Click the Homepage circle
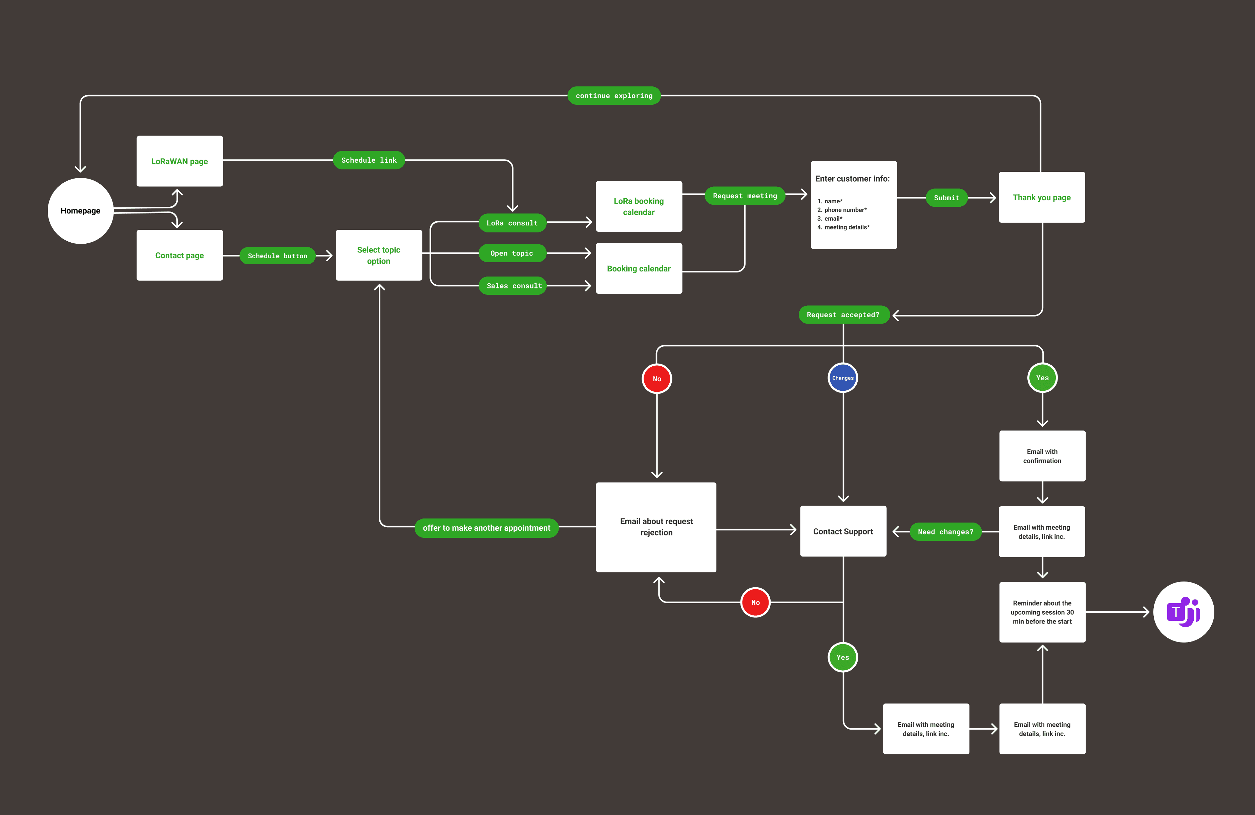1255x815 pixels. [80, 210]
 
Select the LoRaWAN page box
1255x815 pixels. [179, 161]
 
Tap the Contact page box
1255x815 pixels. [179, 255]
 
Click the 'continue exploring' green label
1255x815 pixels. [614, 96]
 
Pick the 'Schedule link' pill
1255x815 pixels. [369, 160]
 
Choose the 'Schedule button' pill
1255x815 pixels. [277, 256]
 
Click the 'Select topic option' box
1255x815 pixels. [379, 255]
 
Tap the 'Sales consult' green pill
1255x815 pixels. [514, 285]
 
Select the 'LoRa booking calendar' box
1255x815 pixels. [639, 206]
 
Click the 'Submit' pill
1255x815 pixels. [946, 198]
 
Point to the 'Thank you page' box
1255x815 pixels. [1042, 197]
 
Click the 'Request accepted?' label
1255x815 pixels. [843, 315]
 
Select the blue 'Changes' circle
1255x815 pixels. [843, 378]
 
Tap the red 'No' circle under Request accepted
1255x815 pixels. [656, 379]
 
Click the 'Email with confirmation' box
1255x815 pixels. [1042, 456]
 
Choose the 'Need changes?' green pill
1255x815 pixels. [945, 532]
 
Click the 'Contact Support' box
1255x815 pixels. [843, 531]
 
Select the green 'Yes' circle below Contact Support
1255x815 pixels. [843, 657]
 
